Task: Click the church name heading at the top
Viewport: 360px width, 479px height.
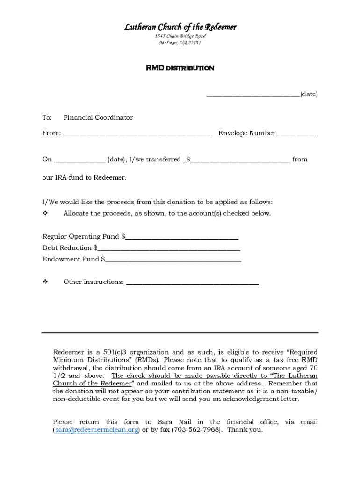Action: pyautogui.click(x=180, y=27)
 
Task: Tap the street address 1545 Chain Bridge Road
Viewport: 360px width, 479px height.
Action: pyautogui.click(x=180, y=36)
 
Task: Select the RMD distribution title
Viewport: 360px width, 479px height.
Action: pyautogui.click(x=180, y=68)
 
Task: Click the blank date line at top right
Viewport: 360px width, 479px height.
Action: pyautogui.click(x=253, y=95)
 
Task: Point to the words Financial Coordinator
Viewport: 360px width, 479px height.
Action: pyautogui.click(x=98, y=118)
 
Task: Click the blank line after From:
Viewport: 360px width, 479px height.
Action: pyautogui.click(x=138, y=135)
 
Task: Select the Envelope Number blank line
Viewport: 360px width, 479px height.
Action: pyautogui.click(x=296, y=135)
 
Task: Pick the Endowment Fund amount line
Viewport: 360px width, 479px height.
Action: pyautogui.click(x=173, y=261)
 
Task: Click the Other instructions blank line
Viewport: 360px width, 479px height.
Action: pyautogui.click(x=192, y=283)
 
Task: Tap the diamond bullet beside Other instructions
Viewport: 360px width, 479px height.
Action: pyautogui.click(x=46, y=282)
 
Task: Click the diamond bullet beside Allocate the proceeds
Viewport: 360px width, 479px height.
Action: pyautogui.click(x=46, y=213)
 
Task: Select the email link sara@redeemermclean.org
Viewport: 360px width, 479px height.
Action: pyautogui.click(x=96, y=430)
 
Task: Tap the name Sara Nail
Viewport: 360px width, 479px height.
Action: pyautogui.click(x=174, y=422)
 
